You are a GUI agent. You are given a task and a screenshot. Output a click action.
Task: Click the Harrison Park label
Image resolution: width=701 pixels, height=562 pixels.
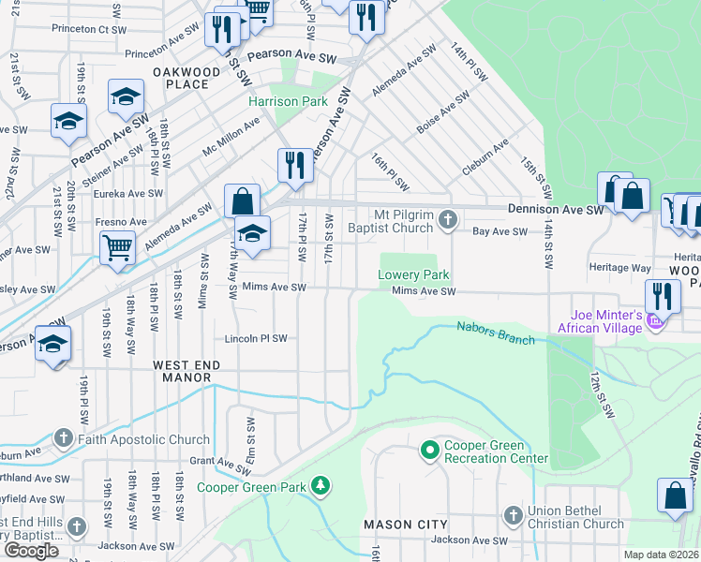tap(287, 101)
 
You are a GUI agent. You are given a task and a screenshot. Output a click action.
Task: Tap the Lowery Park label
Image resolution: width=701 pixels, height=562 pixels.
tap(413, 275)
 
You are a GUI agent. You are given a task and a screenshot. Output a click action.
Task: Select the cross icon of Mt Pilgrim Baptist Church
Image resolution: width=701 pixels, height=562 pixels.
tap(448, 220)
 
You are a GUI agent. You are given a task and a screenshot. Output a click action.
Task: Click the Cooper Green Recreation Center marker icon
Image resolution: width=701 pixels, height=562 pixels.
tap(429, 451)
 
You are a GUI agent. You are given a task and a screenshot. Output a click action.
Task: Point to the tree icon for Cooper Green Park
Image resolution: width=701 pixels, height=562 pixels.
tap(321, 485)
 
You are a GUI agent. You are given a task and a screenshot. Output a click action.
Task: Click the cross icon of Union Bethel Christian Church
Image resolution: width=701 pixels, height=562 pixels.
tap(513, 515)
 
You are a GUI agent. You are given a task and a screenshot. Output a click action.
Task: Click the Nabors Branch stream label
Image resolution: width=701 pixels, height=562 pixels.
tap(496, 333)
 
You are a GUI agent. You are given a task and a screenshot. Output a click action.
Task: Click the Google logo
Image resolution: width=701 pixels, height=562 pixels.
tap(31, 551)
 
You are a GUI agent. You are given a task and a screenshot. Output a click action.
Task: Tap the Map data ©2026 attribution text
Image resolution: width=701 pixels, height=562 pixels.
tap(661, 555)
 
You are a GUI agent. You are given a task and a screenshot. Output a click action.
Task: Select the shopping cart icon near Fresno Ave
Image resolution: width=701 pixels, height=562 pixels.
tap(118, 247)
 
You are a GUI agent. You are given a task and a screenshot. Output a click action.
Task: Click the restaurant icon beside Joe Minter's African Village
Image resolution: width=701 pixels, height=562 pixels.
tap(663, 295)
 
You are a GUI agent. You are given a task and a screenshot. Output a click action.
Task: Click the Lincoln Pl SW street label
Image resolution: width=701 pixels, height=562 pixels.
tap(255, 338)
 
